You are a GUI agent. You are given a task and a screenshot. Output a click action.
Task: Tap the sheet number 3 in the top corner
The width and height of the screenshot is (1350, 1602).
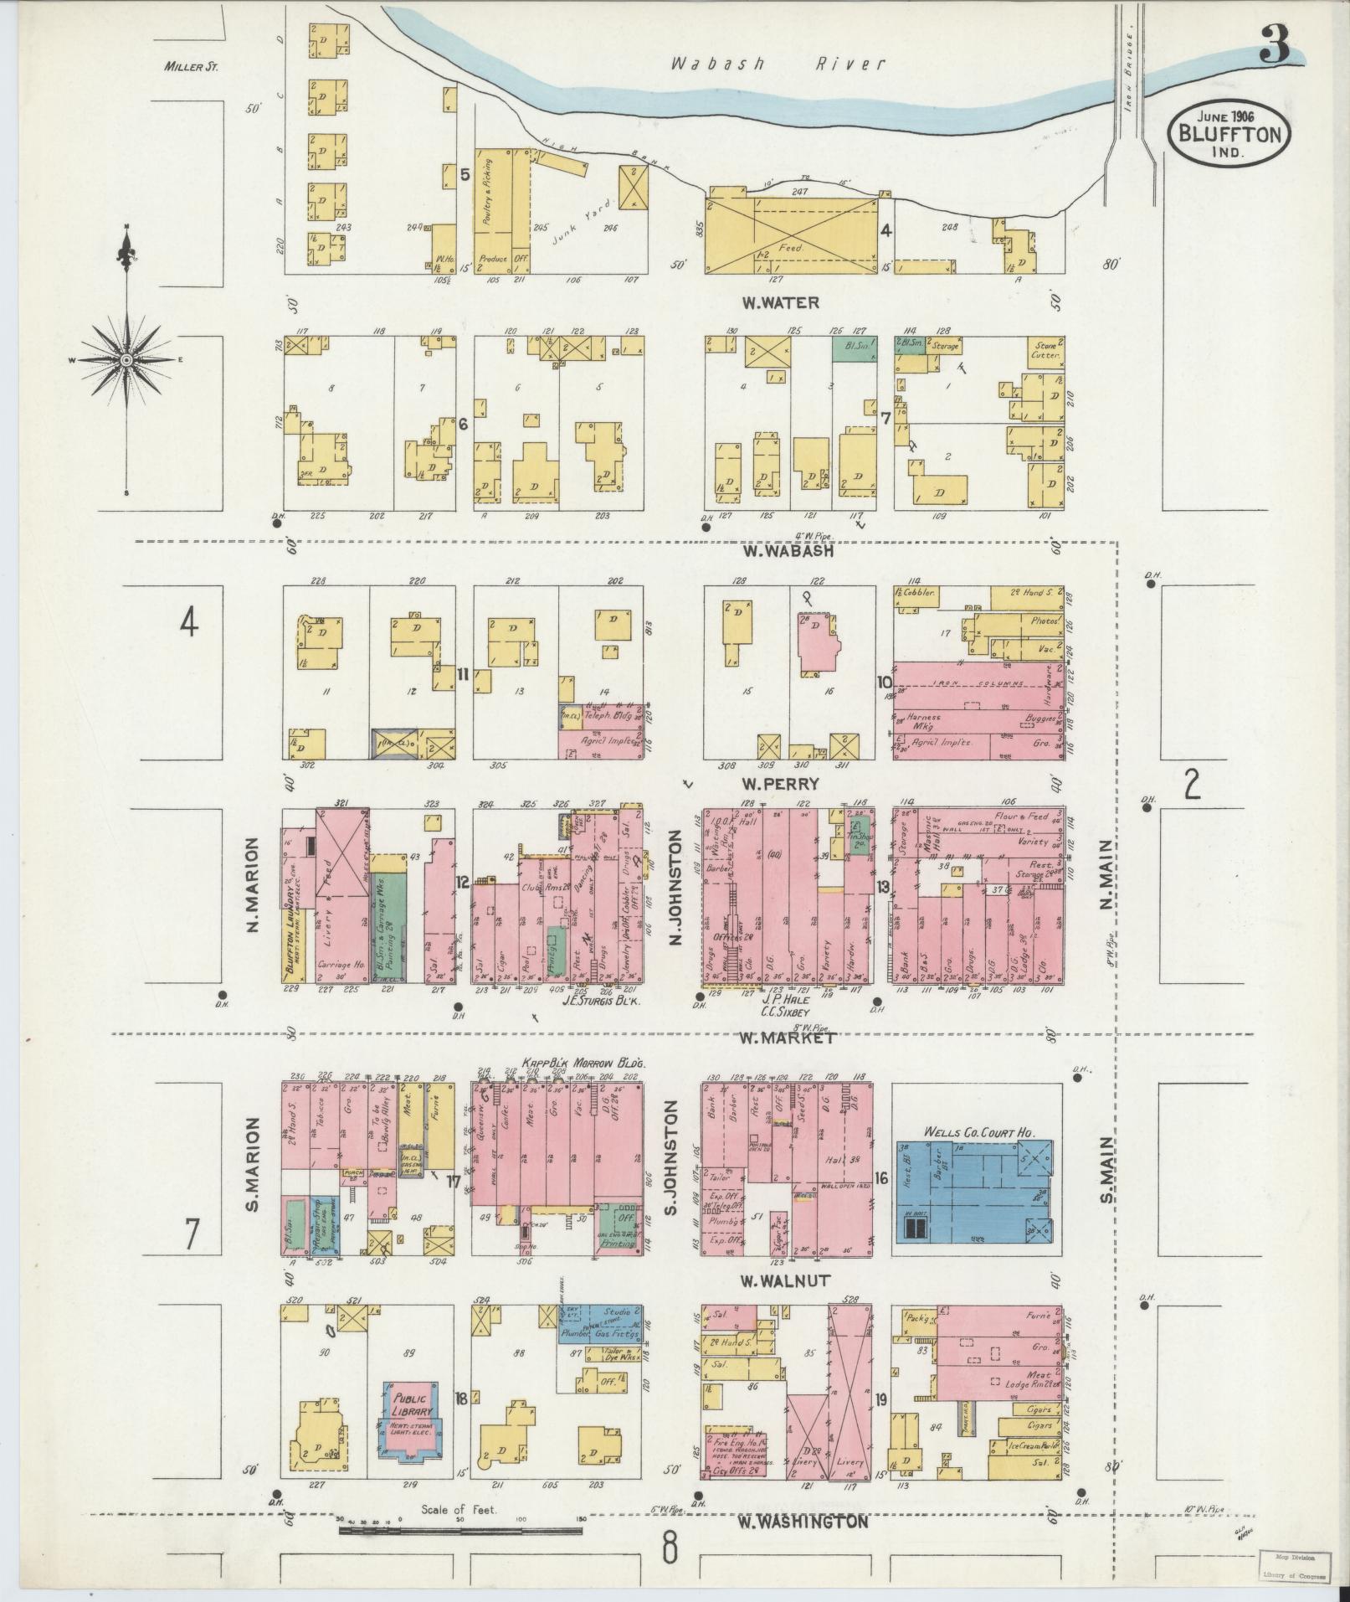click(1276, 44)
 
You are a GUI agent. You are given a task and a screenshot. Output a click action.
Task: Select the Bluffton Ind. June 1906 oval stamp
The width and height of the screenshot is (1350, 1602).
click(1229, 134)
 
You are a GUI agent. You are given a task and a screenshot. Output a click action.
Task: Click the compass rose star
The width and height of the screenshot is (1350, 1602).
click(126, 360)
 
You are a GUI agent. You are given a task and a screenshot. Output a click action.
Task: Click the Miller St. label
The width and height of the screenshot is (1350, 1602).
click(191, 67)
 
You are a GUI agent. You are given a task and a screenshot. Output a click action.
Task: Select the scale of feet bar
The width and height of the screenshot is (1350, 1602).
click(460, 1531)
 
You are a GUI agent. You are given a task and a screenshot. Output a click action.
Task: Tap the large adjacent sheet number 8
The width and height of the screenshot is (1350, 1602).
click(670, 1549)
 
